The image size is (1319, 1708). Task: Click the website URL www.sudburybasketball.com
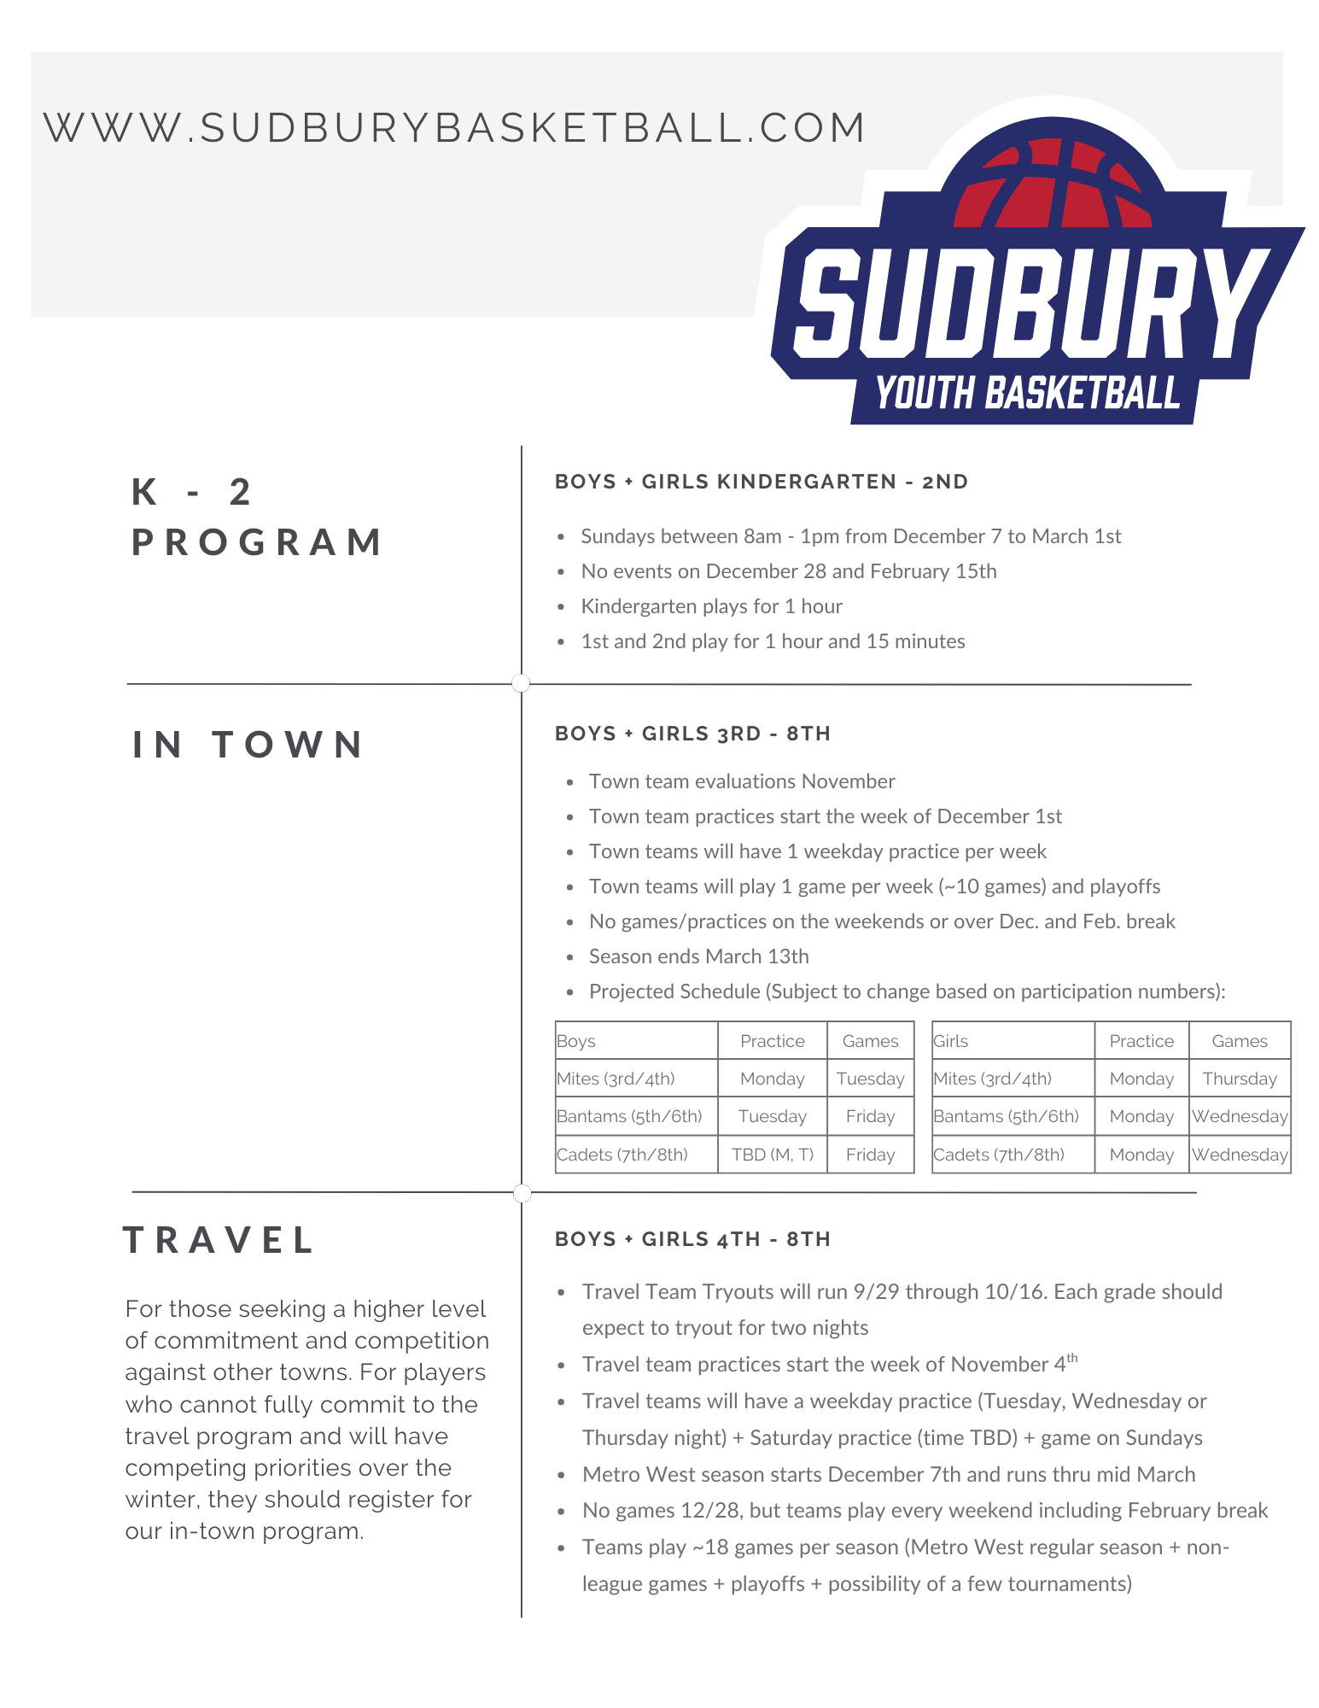454,128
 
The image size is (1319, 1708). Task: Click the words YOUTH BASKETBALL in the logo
1027,395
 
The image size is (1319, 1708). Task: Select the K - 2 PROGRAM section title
257,517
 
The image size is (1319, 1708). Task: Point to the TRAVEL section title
220,1240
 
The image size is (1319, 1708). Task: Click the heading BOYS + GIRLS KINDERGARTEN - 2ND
762,482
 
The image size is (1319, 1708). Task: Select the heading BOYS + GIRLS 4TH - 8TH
692,1239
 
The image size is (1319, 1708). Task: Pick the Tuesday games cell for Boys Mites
870,1079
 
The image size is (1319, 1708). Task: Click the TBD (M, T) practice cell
772,1155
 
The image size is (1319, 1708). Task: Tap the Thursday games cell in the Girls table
1239,1079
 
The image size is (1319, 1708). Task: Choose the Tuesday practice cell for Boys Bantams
772,1116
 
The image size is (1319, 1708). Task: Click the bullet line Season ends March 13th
698,956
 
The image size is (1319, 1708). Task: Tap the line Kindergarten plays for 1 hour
711,606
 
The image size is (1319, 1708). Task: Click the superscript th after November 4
1072,1357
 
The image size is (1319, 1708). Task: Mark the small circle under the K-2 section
521,683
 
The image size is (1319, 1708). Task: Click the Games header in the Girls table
1239,1041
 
